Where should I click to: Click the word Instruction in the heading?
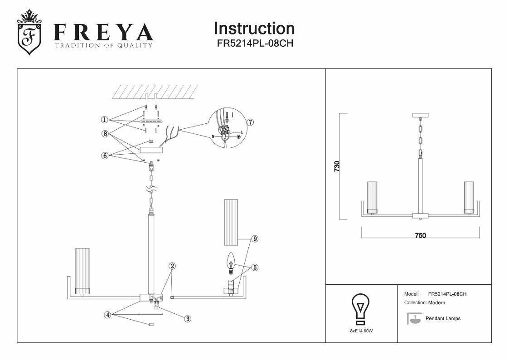pyautogui.click(x=254, y=29)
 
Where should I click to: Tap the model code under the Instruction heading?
pyautogui.click(x=254, y=44)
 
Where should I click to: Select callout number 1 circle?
pyautogui.click(x=104, y=120)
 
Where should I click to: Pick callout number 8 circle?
pyautogui.click(x=104, y=134)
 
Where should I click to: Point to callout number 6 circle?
pyautogui.click(x=104, y=155)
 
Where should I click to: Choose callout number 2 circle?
pyautogui.click(x=172, y=266)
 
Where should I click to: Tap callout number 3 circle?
pyautogui.click(x=187, y=318)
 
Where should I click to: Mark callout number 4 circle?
pyautogui.click(x=107, y=314)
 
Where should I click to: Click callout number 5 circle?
pyautogui.click(x=255, y=268)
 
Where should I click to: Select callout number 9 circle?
pyautogui.click(x=255, y=238)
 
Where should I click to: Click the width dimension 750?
pyautogui.click(x=420, y=235)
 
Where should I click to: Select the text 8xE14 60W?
pyautogui.click(x=361, y=331)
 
